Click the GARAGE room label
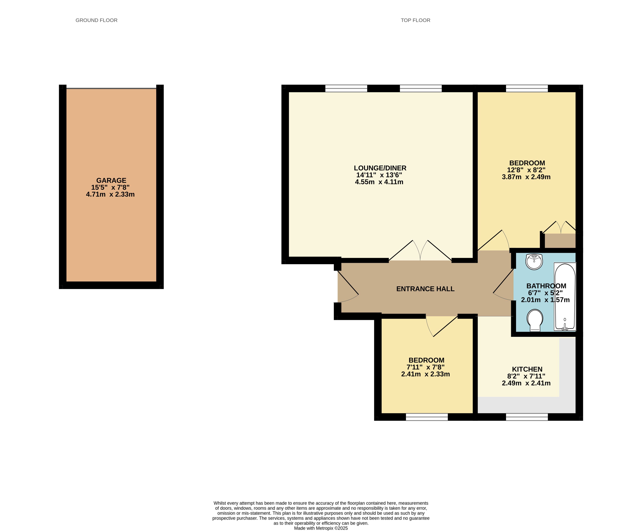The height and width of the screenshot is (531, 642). coord(111,180)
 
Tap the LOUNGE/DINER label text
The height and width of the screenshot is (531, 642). coord(380,168)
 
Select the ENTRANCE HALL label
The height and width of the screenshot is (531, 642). coord(425,289)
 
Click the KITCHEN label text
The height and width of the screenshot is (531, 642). coord(527,369)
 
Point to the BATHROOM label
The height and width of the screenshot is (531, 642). coord(546,286)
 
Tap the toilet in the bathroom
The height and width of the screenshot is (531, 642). coord(535,320)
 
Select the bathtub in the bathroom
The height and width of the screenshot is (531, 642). coord(565,297)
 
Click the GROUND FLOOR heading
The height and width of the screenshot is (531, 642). coord(96,20)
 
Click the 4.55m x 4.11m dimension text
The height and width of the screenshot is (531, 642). coord(379,182)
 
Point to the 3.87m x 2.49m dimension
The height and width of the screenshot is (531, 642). coord(526,177)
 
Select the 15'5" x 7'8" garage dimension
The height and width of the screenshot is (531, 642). coord(110,187)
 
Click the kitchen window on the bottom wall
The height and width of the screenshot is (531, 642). coord(527,417)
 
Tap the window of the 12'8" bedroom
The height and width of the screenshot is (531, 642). coord(527,88)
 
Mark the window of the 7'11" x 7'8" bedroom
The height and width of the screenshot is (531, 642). coord(427,417)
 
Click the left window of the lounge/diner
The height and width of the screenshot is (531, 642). coord(346,88)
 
